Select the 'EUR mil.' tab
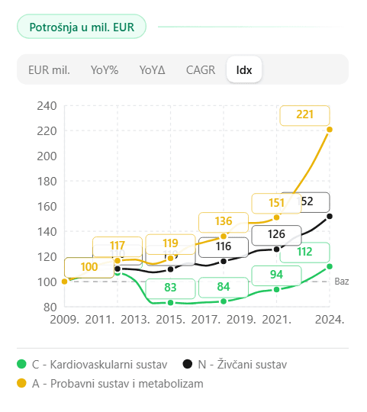point(49,69)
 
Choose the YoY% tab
point(105,69)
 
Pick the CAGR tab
point(201,69)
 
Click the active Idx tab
point(244,69)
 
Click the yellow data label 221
point(304,115)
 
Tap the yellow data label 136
point(223,223)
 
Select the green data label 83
point(170,288)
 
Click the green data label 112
point(304,253)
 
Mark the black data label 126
point(276,234)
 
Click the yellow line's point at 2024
point(330,129)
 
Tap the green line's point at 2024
point(330,266)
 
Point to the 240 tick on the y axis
point(47,106)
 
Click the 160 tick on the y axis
point(47,207)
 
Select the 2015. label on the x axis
point(170,319)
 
